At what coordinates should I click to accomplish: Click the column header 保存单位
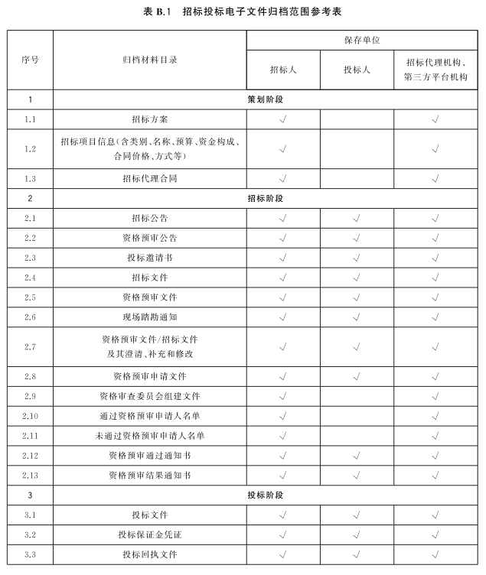tap(357, 40)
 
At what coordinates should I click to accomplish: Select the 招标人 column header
tap(283, 70)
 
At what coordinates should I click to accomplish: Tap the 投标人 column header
tap(357, 70)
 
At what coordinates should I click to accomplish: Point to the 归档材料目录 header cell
tap(150, 60)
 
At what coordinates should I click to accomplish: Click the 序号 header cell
tap(30, 60)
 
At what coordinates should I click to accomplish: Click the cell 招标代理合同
tap(150, 179)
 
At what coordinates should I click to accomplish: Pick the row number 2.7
tap(30, 347)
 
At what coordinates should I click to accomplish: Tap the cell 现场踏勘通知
tap(150, 317)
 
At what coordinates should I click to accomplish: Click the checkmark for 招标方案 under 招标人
tap(283, 119)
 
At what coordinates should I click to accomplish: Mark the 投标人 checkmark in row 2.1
tap(357, 218)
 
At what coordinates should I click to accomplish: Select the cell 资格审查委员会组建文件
tap(150, 396)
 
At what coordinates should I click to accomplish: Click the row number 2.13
tap(30, 476)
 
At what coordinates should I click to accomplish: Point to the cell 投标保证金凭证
tap(150, 534)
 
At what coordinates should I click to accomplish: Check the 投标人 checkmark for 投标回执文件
tap(357, 554)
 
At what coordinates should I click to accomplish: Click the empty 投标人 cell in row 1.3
tap(357, 179)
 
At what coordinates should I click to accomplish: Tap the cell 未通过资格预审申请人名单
tap(150, 436)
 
